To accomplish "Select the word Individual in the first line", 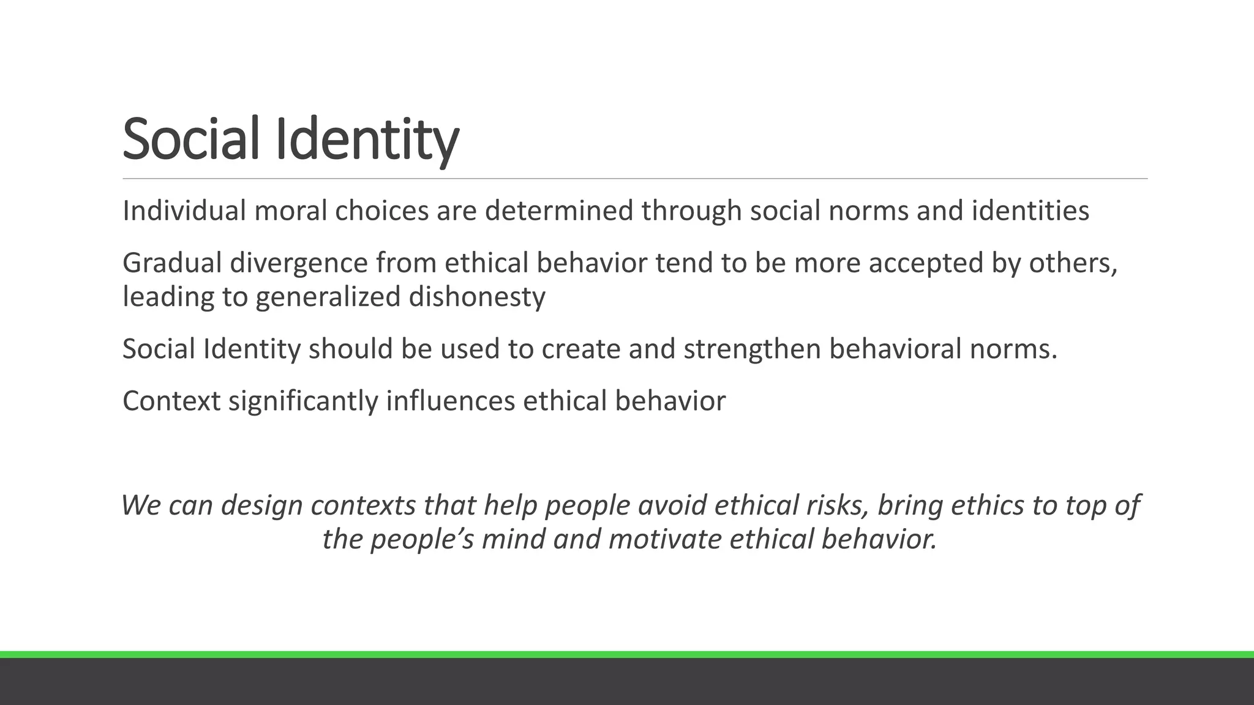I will pyautogui.click(x=184, y=211).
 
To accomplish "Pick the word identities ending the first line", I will pyautogui.click(x=1030, y=211).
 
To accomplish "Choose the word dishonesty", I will pyautogui.click(x=476, y=297).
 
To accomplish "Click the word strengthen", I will pyautogui.click(x=752, y=349).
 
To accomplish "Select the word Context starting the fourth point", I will pyautogui.click(x=171, y=401).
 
